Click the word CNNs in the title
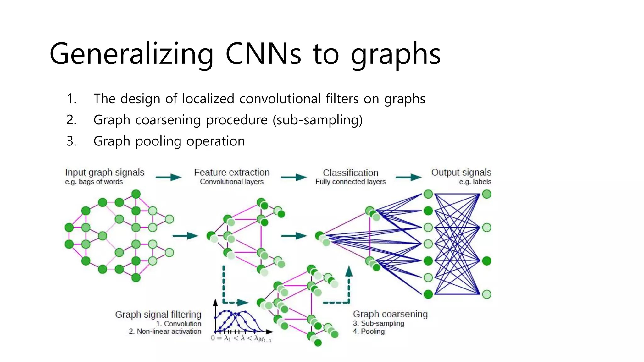pos(263,54)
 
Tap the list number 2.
pos(71,120)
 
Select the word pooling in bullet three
pos(158,141)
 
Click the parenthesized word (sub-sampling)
pos(318,120)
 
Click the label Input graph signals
pos(105,173)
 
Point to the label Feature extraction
pos(232,172)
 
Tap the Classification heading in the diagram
pos(351,173)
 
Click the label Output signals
pos(461,173)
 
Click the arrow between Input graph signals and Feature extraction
pos(169,178)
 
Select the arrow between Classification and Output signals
pos(409,178)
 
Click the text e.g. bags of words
pos(94,182)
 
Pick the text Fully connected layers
pos(351,182)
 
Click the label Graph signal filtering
pos(158,315)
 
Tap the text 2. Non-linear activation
pos(165,331)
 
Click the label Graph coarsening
pos(390,314)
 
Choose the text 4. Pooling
pos(369,331)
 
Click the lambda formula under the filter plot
pos(241,338)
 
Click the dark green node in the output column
pos(487,261)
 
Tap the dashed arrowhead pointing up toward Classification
pos(349,271)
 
